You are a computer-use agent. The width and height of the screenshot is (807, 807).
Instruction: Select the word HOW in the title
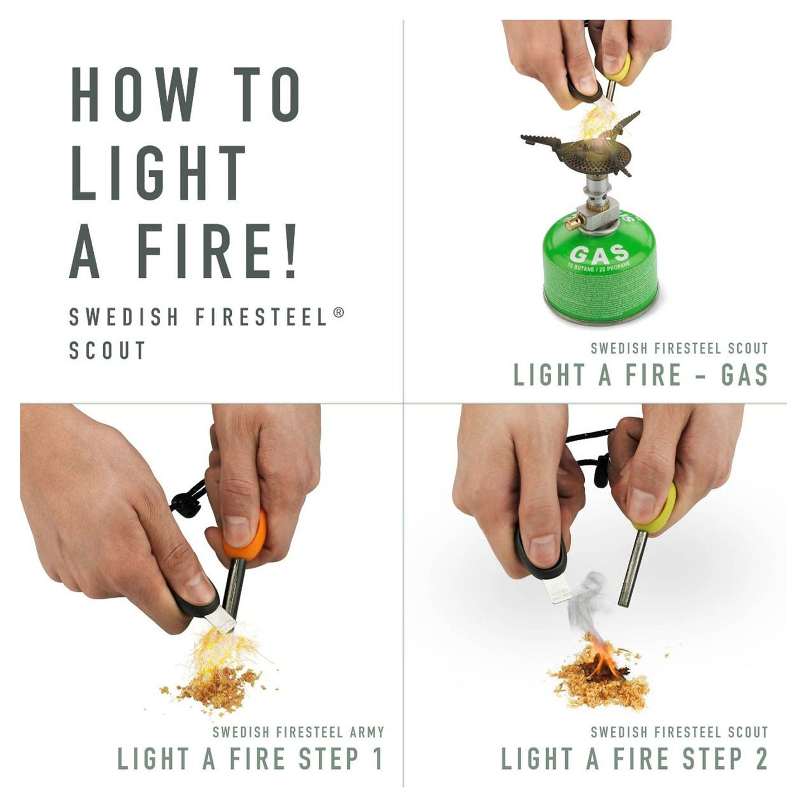134,95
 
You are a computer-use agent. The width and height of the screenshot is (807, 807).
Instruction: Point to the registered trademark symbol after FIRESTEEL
338,313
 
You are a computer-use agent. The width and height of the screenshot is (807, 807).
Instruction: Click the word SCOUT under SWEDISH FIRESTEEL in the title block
107,350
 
